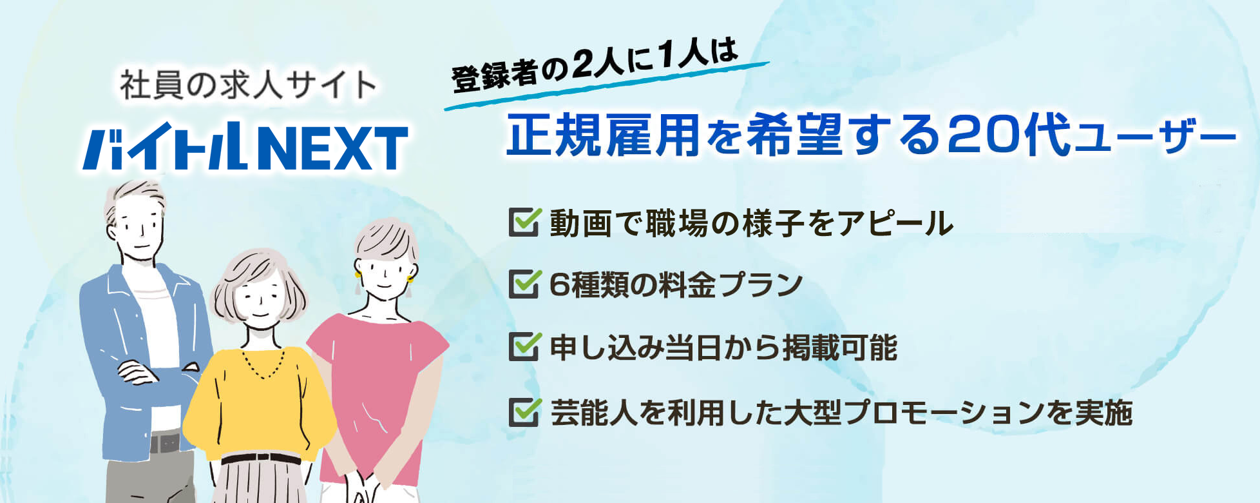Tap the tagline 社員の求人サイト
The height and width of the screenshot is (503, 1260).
(x=248, y=85)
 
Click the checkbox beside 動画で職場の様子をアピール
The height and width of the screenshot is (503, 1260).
(x=524, y=222)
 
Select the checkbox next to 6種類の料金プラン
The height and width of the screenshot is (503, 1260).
(x=524, y=284)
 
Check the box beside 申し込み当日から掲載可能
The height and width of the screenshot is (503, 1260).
(x=524, y=347)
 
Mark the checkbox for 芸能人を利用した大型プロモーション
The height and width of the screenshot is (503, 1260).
(x=524, y=411)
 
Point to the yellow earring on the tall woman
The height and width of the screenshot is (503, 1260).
(x=409, y=279)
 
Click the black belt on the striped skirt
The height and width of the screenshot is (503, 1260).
(x=260, y=459)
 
